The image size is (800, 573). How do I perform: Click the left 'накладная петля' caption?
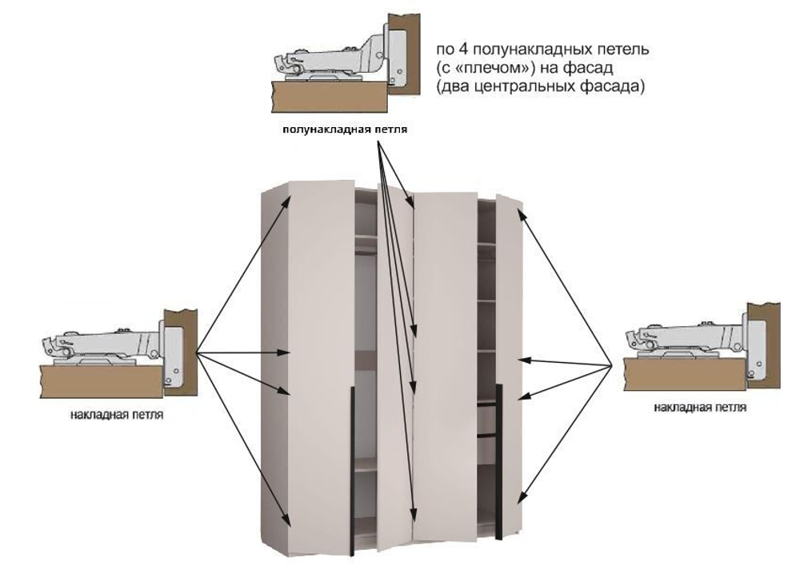click(x=118, y=416)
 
